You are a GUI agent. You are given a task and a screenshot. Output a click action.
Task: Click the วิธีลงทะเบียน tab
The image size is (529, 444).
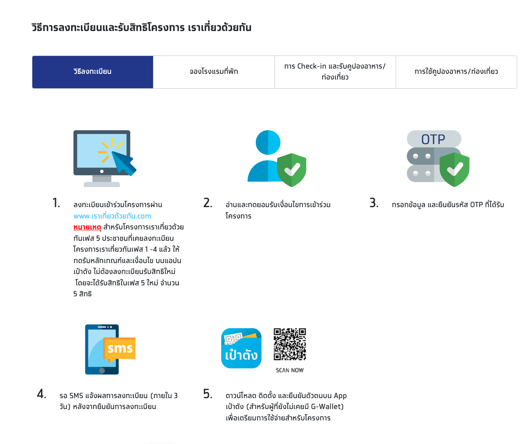(92, 72)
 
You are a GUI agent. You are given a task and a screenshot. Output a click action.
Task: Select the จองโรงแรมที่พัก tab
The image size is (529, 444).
(214, 72)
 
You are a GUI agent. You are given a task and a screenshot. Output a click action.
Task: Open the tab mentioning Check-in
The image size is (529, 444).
(335, 72)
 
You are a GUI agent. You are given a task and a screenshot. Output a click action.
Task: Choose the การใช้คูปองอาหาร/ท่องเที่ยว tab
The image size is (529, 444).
(456, 72)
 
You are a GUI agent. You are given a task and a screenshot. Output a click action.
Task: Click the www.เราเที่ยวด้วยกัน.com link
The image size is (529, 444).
(112, 216)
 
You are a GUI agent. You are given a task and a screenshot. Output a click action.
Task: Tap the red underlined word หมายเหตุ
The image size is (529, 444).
(87, 227)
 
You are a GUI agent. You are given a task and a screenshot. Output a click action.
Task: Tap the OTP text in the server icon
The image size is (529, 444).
(433, 139)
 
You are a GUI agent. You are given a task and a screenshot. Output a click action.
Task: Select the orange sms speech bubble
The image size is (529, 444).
(119, 349)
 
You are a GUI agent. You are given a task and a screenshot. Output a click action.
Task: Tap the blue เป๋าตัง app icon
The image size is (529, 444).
(241, 348)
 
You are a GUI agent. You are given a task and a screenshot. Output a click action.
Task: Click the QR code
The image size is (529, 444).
(289, 344)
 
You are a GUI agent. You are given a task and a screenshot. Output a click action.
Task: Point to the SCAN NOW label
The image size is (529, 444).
(289, 370)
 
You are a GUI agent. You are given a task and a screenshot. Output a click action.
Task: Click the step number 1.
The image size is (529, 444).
(56, 203)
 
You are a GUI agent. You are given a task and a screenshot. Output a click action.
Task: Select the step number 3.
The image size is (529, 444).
(374, 203)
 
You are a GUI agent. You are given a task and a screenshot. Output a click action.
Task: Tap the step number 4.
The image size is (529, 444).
(42, 394)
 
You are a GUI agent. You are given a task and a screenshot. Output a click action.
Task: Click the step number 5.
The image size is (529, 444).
(208, 394)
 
